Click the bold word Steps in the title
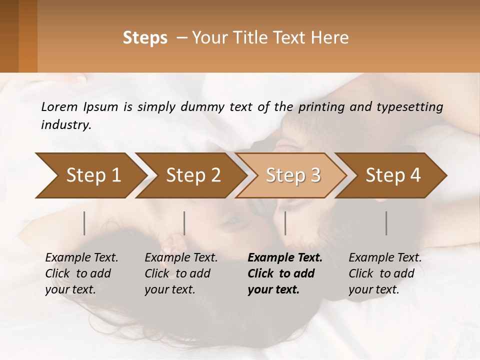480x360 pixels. (145, 38)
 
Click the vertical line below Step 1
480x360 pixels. (84, 223)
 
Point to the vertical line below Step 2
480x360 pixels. (184, 223)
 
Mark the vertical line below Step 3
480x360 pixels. (285, 223)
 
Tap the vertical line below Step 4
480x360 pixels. (386, 223)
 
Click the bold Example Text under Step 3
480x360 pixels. (285, 258)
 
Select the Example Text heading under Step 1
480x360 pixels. (81, 258)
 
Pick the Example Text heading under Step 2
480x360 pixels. (181, 258)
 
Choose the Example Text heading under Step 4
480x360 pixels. (385, 258)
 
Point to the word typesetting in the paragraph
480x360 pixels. (413, 107)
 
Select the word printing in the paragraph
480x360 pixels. (321, 107)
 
